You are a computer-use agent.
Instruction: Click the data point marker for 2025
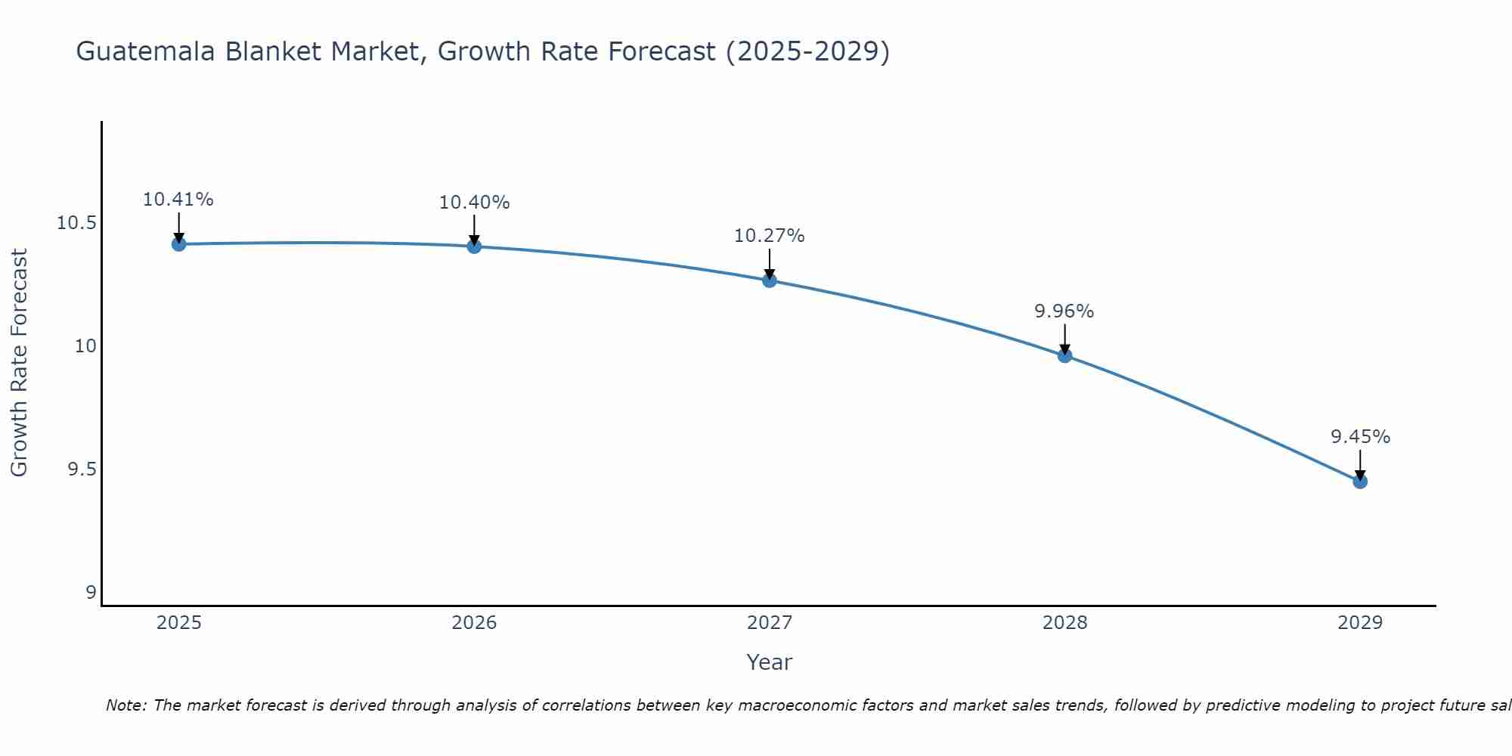178,243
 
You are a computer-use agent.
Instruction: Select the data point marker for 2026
474,246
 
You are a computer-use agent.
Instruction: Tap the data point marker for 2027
770,280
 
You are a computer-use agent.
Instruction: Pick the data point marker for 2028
1064,355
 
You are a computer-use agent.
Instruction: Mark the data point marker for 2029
1360,481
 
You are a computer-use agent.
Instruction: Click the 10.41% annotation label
178,200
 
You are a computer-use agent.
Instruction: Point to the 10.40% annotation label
474,203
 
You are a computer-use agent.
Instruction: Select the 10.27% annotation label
770,236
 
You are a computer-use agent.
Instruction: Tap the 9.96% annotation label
1064,311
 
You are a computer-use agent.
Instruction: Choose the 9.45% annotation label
1360,437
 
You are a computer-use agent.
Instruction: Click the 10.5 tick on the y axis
77,223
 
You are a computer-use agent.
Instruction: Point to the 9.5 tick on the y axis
82,469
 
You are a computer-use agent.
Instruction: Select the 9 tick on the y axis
91,593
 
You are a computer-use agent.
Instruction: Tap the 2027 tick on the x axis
770,623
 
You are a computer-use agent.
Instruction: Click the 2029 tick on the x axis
1360,623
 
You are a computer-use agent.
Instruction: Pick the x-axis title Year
770,662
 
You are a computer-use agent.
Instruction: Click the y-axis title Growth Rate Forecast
19,363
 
